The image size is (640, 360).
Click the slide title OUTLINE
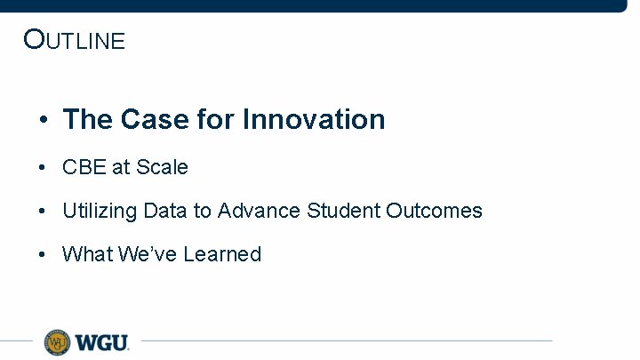tap(75, 40)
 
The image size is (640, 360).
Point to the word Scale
tap(161, 167)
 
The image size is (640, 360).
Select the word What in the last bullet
tap(85, 254)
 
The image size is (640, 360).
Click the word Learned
tap(222, 254)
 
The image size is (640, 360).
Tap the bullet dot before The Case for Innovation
tap(43, 120)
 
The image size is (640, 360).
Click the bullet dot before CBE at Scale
tap(43, 168)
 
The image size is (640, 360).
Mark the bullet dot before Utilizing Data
tap(43, 212)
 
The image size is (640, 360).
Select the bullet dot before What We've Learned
tap(43, 255)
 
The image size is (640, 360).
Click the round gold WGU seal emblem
tap(58, 341)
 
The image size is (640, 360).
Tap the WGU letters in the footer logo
tap(102, 342)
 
